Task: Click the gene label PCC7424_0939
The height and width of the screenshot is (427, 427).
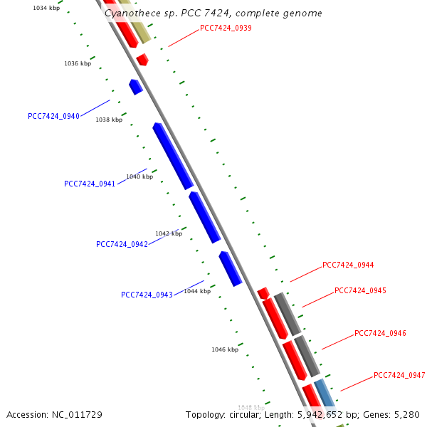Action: point(226,28)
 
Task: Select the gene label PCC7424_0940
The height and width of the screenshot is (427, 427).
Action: point(53,116)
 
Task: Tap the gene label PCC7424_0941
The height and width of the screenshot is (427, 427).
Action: point(90,184)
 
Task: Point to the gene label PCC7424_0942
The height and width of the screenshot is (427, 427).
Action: point(122,244)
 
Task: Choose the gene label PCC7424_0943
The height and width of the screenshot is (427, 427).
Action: point(147,295)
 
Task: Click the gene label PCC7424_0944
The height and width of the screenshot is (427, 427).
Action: point(348,265)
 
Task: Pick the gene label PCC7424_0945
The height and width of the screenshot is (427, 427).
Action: point(360,290)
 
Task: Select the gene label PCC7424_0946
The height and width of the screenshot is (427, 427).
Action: point(380,333)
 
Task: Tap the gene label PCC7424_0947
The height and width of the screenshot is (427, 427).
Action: point(399,375)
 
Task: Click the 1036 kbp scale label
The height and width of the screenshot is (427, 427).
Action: point(78,63)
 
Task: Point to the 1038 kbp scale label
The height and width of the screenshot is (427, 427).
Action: point(109,120)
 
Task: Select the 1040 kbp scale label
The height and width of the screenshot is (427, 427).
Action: point(139,176)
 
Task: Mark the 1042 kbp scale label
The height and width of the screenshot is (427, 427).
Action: point(169,233)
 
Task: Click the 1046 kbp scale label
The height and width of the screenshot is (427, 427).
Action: point(225,349)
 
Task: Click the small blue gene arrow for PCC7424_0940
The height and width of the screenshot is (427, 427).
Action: point(136,87)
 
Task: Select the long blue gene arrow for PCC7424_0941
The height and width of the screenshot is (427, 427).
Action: point(173,156)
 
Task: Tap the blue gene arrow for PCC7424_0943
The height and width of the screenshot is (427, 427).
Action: point(231,268)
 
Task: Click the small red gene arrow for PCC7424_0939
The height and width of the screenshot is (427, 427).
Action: point(142,59)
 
